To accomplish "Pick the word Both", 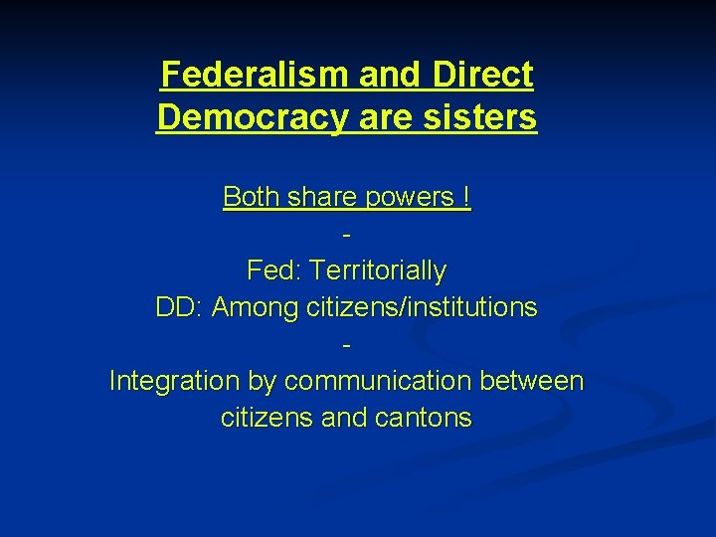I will click(x=252, y=197).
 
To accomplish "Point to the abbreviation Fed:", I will click(x=273, y=270).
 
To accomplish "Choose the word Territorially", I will click(x=378, y=270).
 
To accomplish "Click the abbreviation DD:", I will click(x=179, y=307).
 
